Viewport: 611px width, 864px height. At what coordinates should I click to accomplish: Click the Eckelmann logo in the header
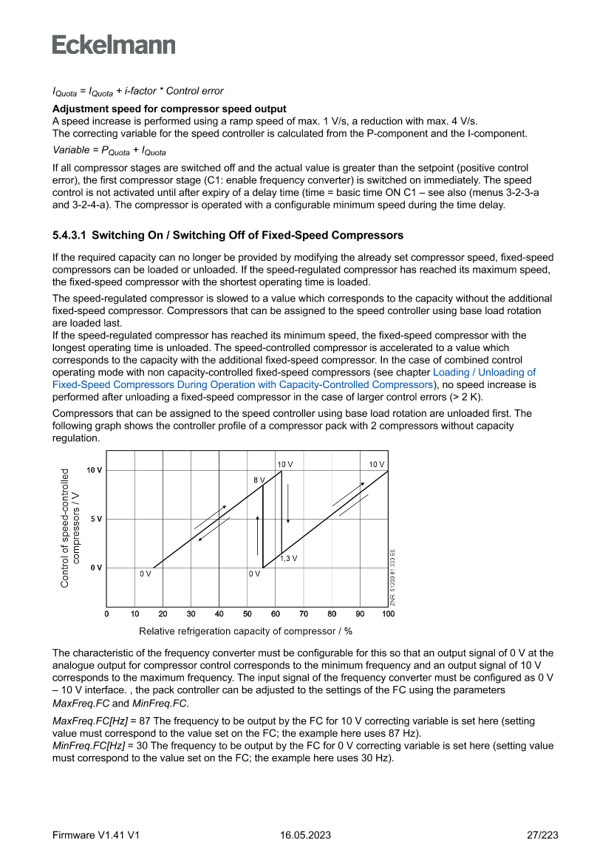point(114,44)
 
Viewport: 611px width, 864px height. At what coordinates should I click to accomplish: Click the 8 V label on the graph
point(259,480)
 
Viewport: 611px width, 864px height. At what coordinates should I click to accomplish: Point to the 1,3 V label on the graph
point(289,558)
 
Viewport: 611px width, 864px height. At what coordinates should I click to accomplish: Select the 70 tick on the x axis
point(304,614)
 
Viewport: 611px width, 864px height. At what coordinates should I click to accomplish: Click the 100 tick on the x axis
point(388,614)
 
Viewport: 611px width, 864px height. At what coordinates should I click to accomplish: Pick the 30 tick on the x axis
point(191,614)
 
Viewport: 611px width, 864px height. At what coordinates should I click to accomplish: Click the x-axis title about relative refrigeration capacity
point(245,631)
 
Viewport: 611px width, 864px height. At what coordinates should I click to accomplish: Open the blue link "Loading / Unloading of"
point(484,373)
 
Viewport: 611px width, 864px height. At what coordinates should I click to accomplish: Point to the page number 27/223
point(542,835)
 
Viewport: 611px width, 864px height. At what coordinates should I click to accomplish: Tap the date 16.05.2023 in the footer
point(305,835)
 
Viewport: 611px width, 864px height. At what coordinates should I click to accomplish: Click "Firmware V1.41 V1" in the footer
point(96,835)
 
